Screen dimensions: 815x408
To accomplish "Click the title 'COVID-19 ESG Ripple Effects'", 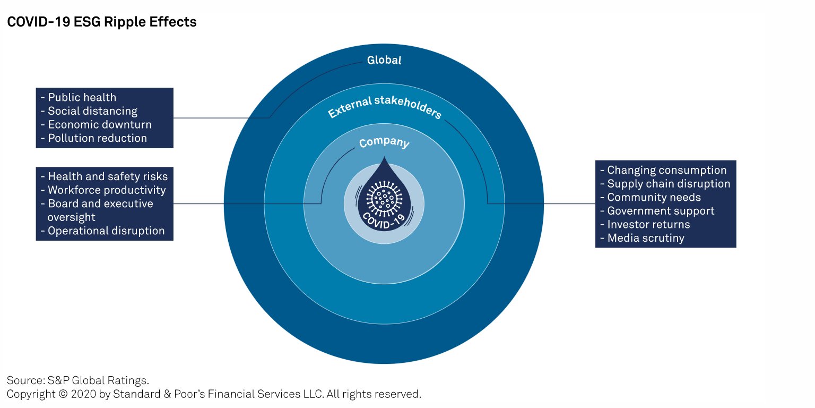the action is pos(102,22).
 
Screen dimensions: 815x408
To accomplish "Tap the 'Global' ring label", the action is pos(384,60).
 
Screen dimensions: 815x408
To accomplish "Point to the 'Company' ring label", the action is pos(384,142).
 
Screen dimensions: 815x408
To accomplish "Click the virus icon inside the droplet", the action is pos(384,199).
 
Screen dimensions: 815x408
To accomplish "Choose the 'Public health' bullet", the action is pos(79,97).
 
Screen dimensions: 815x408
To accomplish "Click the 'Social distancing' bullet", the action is pos(89,110).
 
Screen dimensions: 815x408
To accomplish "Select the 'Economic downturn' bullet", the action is pos(96,125).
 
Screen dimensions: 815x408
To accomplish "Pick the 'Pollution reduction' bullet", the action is pos(94,138).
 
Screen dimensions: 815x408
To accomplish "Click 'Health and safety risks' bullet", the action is pos(104,176).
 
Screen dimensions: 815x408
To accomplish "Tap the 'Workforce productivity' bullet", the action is pos(103,190).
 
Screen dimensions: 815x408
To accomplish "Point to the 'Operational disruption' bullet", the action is pos(102,231).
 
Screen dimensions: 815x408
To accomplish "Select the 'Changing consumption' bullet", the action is pos(663,170).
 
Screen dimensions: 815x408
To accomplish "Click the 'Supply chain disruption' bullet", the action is pos(665,184).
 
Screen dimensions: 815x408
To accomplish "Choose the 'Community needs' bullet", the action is pos(651,198).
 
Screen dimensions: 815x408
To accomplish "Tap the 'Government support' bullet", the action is pos(657,211).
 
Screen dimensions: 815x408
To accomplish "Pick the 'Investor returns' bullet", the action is pos(645,224).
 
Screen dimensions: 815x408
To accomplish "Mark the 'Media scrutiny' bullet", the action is pos(642,238).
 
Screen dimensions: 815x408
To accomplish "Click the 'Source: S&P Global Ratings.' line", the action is pos(78,380).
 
